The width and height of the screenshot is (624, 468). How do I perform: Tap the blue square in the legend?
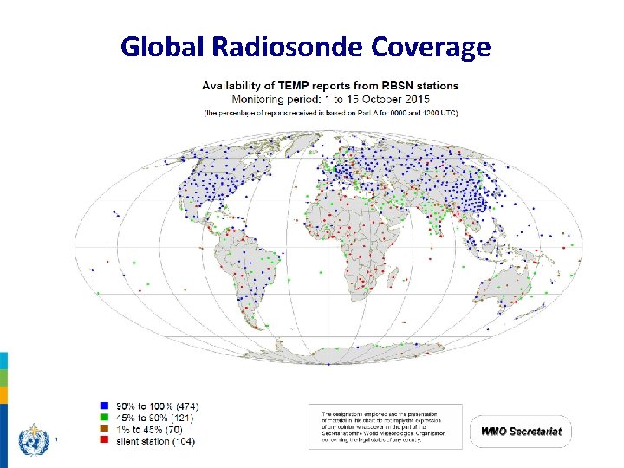[103, 404]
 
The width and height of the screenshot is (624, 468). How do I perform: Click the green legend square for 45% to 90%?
[103, 417]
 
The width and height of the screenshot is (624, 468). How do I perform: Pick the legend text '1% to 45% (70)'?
[151, 429]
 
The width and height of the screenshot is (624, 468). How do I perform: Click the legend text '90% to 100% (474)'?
[157, 404]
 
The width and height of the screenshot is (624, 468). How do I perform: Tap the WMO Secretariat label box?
[522, 431]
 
